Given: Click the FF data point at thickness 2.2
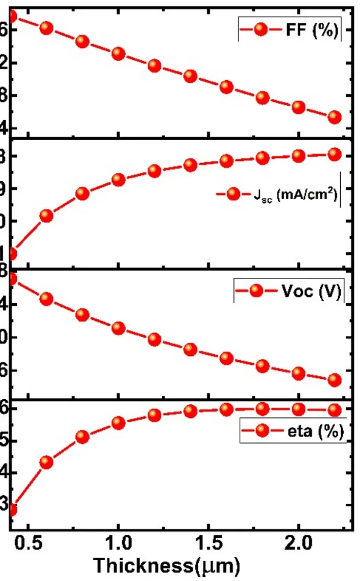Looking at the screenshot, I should click(x=334, y=117).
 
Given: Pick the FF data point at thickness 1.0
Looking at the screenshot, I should click(x=118, y=53).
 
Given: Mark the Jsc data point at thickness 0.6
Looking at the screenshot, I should click(x=47, y=216).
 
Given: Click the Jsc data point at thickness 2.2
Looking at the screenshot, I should click(x=334, y=154).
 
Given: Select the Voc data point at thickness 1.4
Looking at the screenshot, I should click(x=191, y=349).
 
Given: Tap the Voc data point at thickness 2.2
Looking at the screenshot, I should click(x=334, y=379).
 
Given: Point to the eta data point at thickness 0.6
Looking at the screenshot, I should click(x=47, y=462).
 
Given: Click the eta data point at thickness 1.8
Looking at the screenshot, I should click(x=262, y=408).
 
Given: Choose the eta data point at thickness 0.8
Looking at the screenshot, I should click(x=82, y=437).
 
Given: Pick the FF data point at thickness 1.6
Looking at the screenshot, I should click(x=226, y=87).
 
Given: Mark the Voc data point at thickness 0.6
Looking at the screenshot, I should click(x=47, y=299).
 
